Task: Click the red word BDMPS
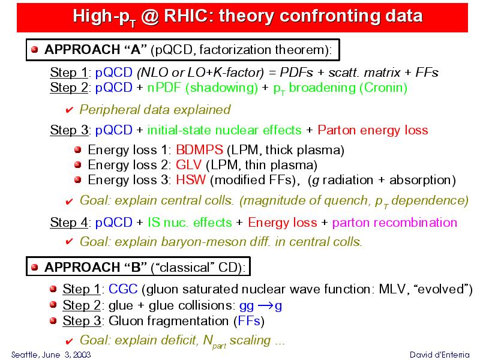tap(200, 150)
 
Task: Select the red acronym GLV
tap(189, 165)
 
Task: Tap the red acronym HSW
tap(191, 179)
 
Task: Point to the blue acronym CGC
tap(123, 289)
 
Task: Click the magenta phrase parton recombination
tap(395, 223)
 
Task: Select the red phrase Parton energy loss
tap(373, 130)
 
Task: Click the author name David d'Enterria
tap(439, 355)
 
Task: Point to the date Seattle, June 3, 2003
tap(51, 355)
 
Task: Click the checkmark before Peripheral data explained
tap(70, 110)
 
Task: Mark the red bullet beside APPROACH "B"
tap(35, 267)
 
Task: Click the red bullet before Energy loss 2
tap(78, 164)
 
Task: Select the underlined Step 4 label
tap(69, 223)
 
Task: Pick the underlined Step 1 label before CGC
tap(82, 289)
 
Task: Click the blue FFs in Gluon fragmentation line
tap(249, 321)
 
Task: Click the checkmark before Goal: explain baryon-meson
tap(70, 242)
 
